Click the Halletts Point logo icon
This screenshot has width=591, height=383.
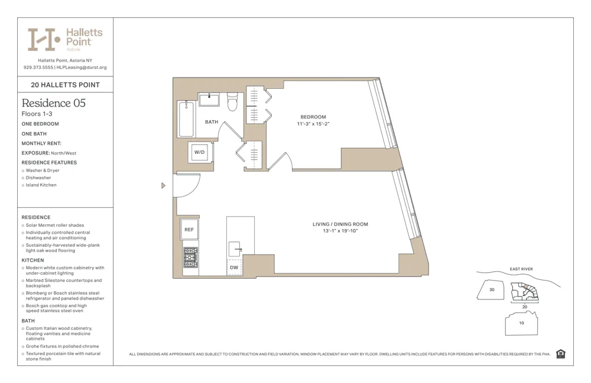click(44, 39)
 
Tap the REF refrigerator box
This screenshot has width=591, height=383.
click(189, 229)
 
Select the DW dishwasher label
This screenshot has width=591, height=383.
click(234, 268)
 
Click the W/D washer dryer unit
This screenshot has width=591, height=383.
click(200, 152)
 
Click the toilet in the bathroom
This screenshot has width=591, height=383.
click(232, 102)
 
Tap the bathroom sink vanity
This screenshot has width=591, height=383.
click(209, 99)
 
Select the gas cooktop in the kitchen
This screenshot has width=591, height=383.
click(190, 258)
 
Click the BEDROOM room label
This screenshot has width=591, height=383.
click(313, 117)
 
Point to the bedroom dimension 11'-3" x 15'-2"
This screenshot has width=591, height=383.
click(313, 124)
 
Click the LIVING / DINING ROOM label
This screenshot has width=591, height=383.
click(340, 224)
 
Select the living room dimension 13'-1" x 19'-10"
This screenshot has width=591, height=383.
click(340, 231)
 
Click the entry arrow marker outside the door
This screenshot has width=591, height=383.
click(164, 185)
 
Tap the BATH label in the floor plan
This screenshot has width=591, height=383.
click(212, 122)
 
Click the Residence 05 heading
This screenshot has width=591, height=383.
click(54, 103)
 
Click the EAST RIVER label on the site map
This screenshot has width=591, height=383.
click(521, 269)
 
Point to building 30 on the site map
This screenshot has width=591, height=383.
click(492, 289)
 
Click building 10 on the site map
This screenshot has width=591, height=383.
click(521, 323)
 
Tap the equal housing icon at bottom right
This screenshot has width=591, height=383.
click(560, 354)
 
